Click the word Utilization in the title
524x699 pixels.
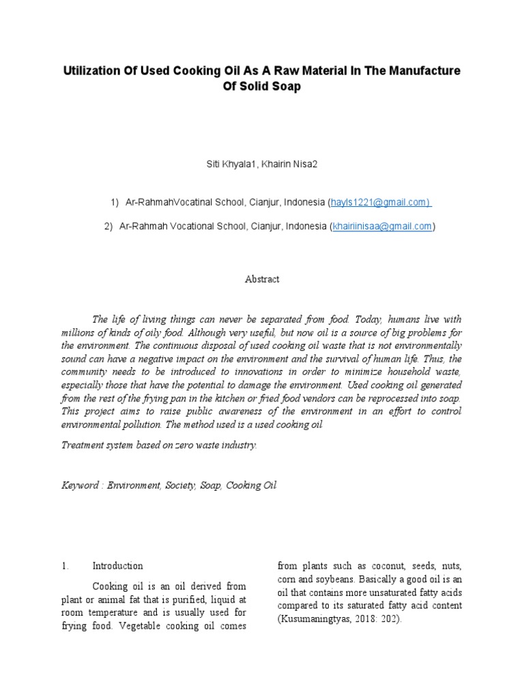pos(88,71)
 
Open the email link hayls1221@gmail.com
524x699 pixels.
pos(379,202)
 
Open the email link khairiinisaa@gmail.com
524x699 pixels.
pos(381,226)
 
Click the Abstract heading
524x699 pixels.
pos(262,279)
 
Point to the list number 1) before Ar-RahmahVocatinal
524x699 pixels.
pos(115,202)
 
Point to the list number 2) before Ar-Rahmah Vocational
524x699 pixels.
pos(108,226)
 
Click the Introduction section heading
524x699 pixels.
pos(117,566)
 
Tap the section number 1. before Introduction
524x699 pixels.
pos(65,566)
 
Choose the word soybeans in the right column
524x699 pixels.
pos(343,579)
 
